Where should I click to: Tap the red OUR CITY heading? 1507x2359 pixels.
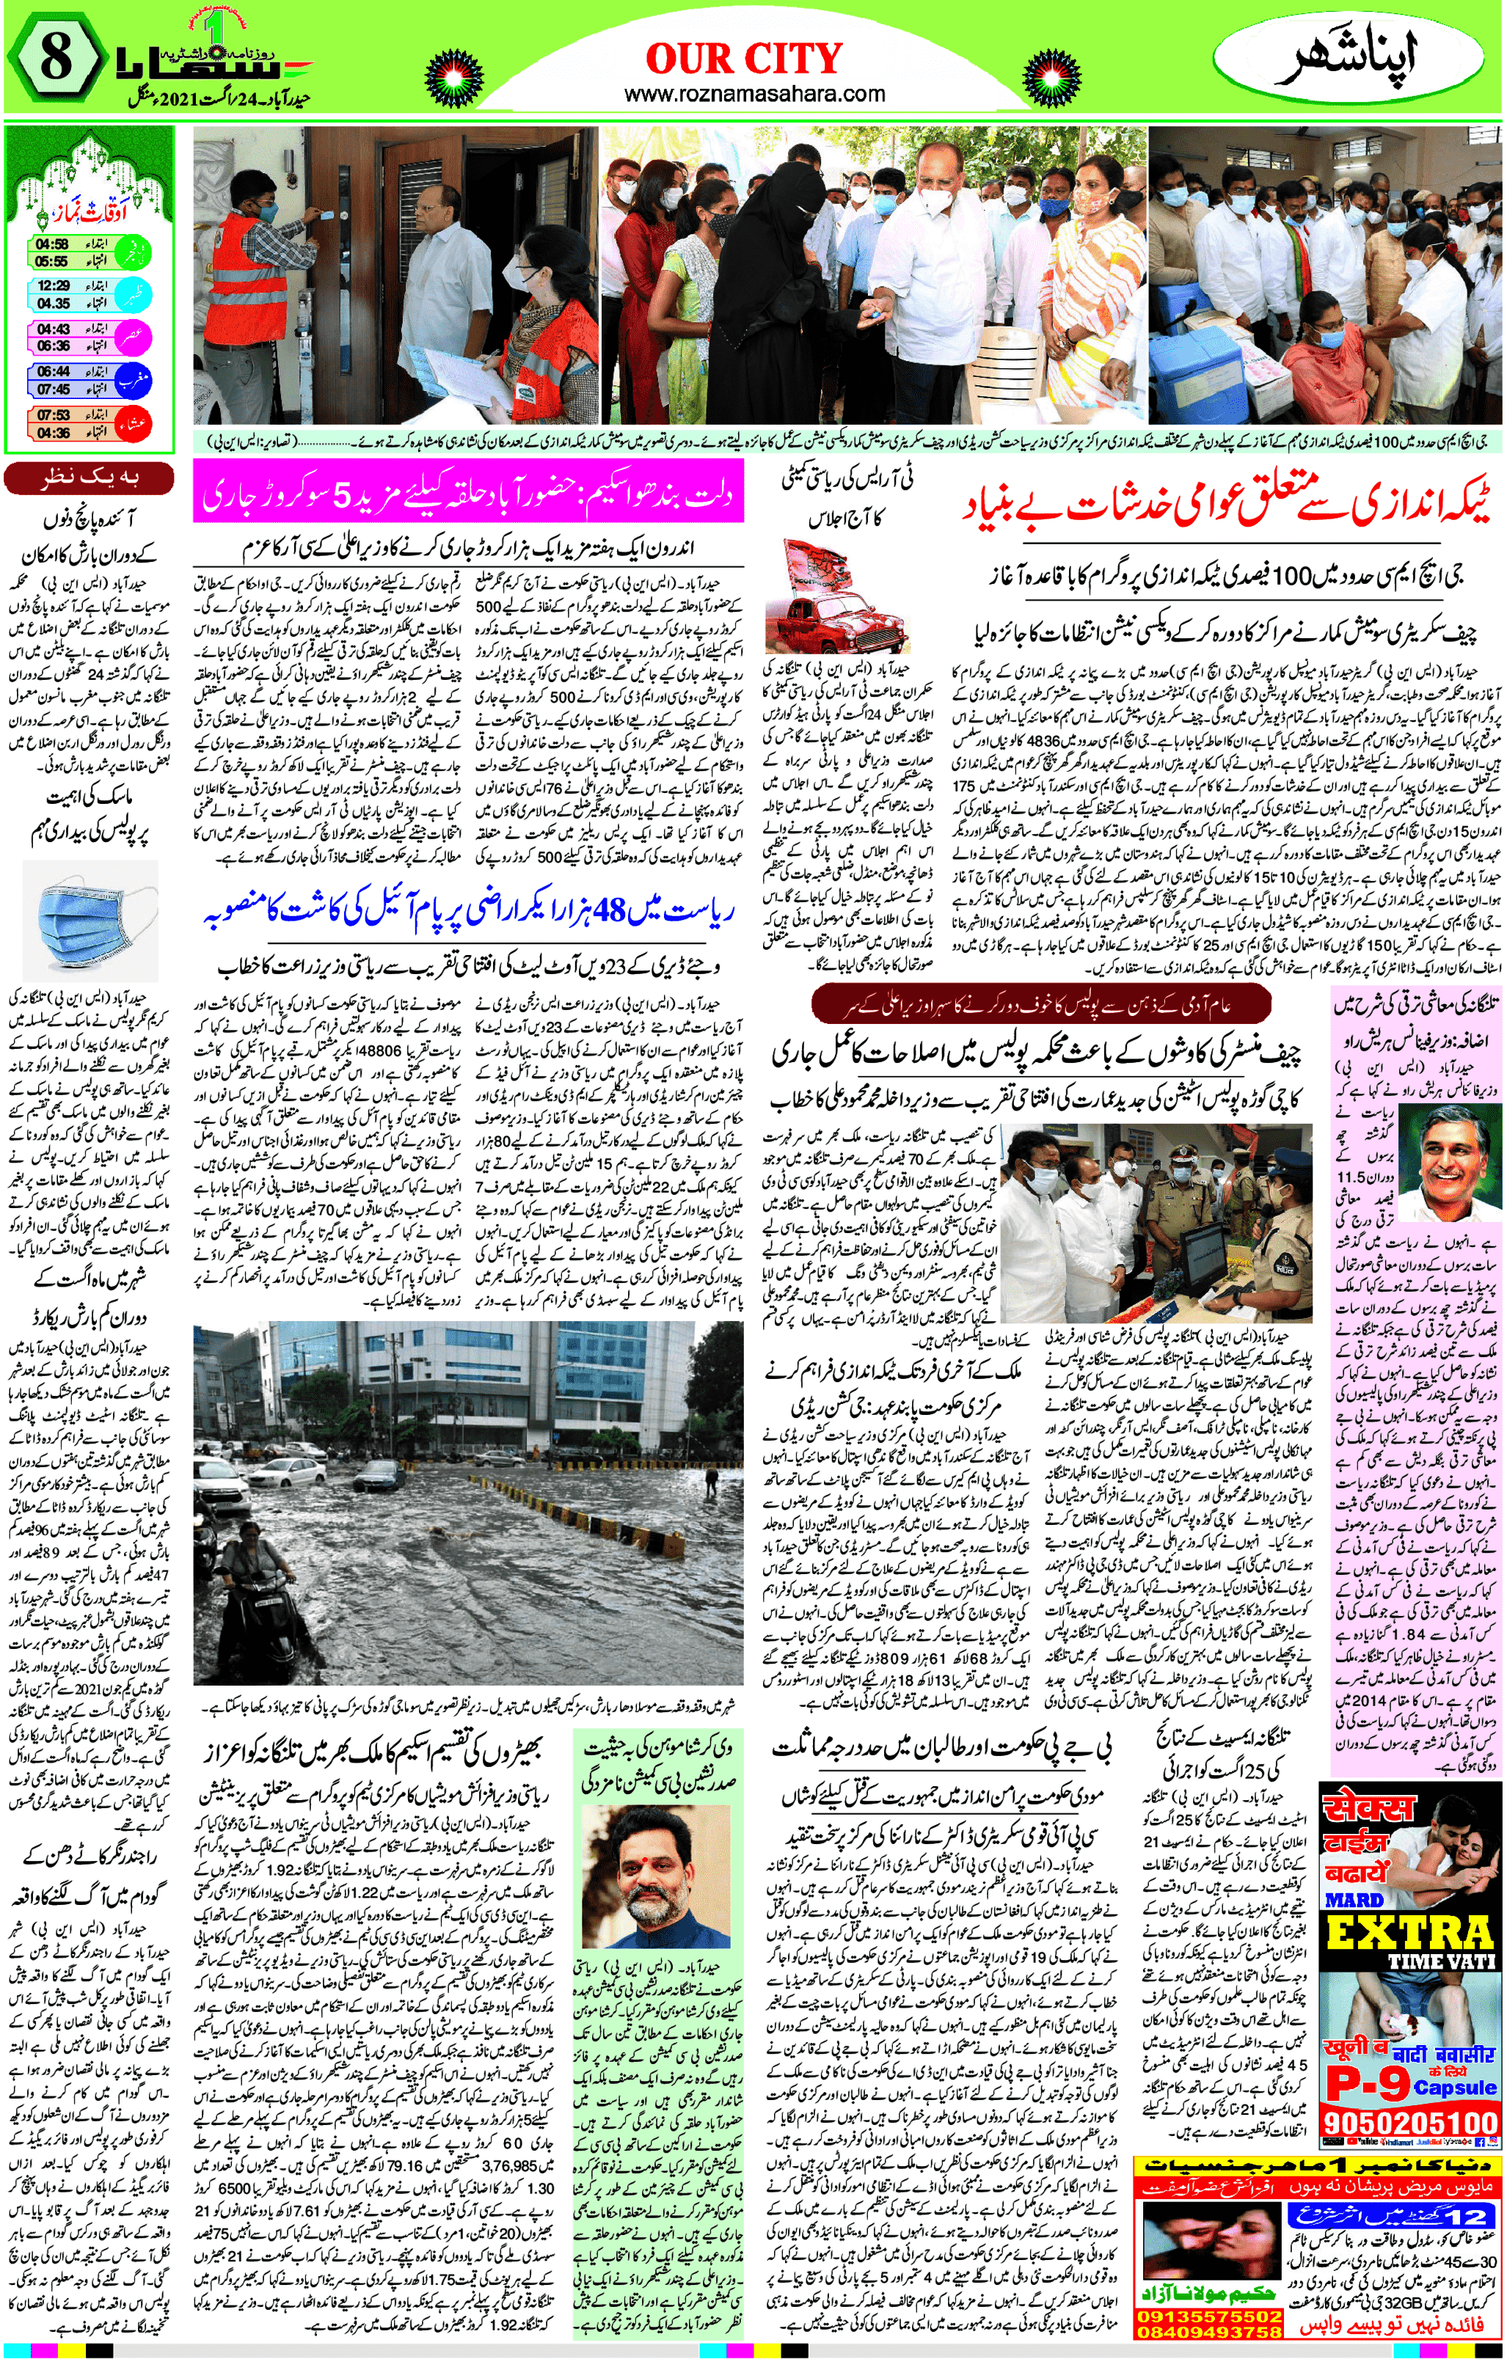coord(744,59)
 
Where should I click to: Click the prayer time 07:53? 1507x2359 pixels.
coord(53,414)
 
